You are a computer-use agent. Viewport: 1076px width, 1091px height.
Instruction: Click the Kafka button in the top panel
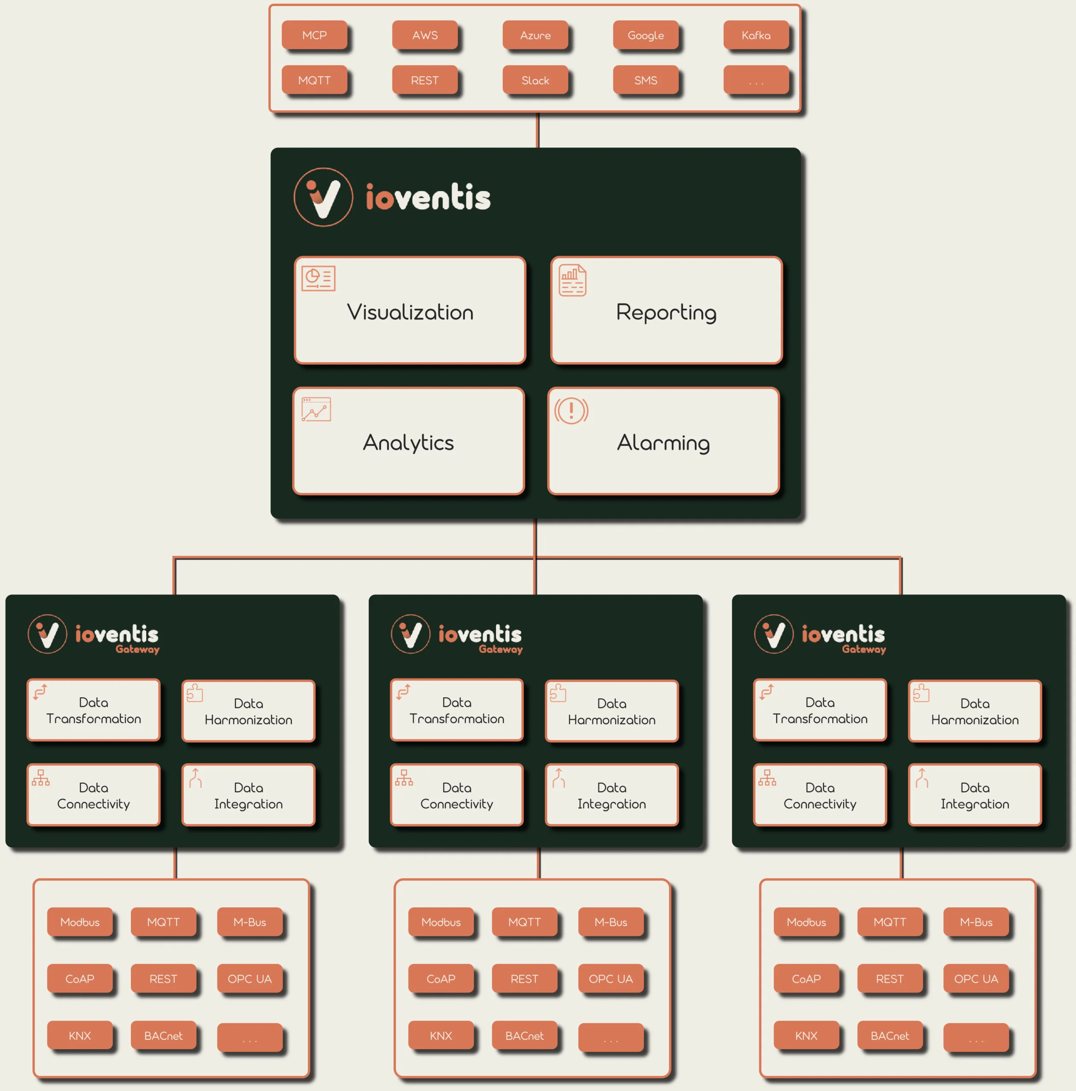pyautogui.click(x=756, y=35)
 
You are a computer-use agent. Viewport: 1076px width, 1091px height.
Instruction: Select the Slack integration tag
pyautogui.click(x=535, y=80)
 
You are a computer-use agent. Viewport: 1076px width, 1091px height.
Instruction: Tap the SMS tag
pyautogui.click(x=645, y=80)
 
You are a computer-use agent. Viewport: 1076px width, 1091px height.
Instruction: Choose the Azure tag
pyautogui.click(x=535, y=35)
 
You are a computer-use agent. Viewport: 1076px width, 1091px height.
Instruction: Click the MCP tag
pyautogui.click(x=314, y=35)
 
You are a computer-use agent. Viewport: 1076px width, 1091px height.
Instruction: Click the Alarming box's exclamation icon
pyautogui.click(x=571, y=410)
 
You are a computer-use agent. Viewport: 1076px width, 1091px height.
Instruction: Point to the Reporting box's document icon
pyautogui.click(x=572, y=280)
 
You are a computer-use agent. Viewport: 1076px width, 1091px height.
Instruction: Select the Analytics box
pyautogui.click(x=409, y=441)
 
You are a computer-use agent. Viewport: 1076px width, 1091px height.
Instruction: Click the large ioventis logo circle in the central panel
pyautogui.click(x=323, y=197)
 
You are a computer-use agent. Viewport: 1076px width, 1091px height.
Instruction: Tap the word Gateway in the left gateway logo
pyautogui.click(x=137, y=649)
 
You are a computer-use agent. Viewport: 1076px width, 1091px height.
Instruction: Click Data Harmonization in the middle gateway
pyautogui.click(x=612, y=711)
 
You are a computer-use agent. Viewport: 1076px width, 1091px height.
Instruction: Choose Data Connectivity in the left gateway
pyautogui.click(x=94, y=795)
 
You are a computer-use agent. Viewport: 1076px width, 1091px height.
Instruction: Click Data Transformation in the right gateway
pyautogui.click(x=820, y=710)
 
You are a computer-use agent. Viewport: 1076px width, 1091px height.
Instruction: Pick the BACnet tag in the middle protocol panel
pyautogui.click(x=525, y=1036)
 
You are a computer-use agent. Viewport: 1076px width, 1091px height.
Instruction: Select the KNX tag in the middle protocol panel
pyautogui.click(x=441, y=1036)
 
